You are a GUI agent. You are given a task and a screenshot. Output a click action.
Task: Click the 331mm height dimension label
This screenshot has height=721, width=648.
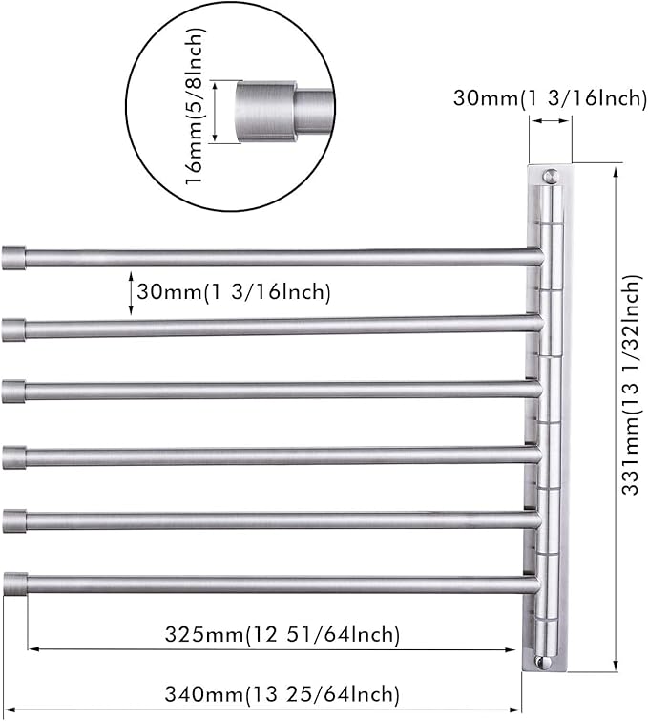(x=631, y=385)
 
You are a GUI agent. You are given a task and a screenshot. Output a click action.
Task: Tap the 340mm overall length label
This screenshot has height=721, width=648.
(x=282, y=694)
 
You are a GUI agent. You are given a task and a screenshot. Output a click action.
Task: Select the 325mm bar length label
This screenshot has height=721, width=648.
(x=282, y=634)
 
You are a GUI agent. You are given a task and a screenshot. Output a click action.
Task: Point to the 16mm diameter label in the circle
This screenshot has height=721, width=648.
(x=196, y=106)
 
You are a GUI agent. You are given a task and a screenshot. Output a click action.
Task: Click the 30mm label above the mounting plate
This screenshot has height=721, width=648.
(x=550, y=98)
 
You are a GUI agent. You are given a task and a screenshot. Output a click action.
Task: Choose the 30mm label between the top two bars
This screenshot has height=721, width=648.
(x=234, y=291)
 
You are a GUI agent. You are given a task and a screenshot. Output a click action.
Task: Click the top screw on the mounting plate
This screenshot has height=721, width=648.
(x=550, y=176)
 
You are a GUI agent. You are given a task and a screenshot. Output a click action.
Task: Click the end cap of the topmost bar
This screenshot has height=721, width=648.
(x=13, y=258)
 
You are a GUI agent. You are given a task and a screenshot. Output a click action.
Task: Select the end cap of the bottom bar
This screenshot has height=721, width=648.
(x=15, y=584)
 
